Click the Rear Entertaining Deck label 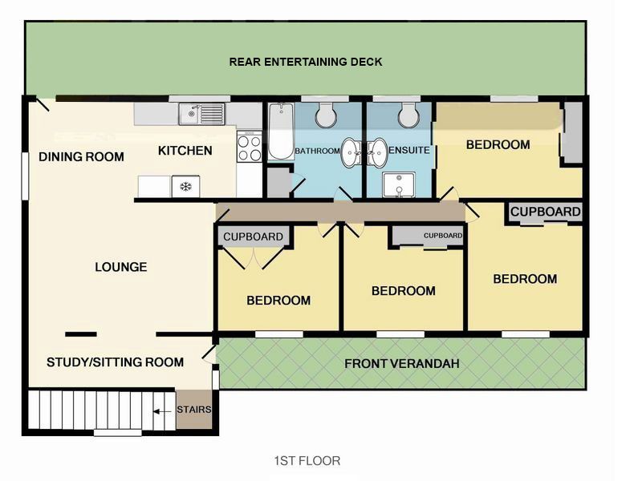[306, 62]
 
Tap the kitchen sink [201, 114]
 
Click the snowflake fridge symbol [186, 187]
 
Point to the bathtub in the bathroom [281, 131]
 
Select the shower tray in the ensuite [399, 185]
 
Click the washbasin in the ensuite [376, 152]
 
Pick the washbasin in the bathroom [351, 152]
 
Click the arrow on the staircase [162, 411]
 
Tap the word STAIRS [194, 410]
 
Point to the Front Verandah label [402, 364]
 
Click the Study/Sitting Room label [115, 362]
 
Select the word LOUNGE [121, 267]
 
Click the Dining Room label [81, 156]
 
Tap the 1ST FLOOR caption [307, 461]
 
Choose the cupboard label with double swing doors [253, 236]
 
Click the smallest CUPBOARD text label [443, 236]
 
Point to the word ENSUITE [409, 150]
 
